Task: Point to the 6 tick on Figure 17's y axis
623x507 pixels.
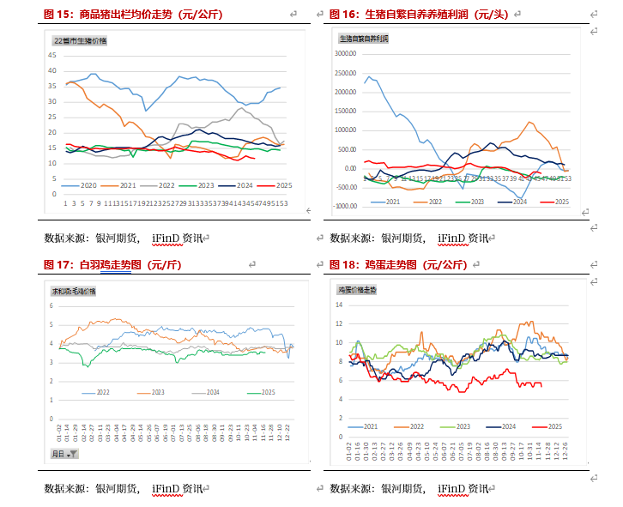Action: (51, 305)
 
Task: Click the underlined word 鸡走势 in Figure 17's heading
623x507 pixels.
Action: (113, 266)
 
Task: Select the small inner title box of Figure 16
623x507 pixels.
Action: (364, 39)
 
